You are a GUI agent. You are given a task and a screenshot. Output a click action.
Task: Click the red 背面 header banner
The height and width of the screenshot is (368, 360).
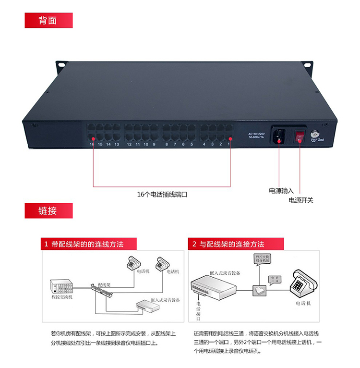click(48, 20)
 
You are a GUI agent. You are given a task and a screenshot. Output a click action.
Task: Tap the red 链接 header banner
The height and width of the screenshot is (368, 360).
click(48, 210)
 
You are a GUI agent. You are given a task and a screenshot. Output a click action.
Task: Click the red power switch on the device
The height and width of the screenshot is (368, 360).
click(300, 136)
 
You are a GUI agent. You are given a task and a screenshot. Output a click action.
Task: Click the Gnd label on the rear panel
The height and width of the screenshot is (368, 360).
click(322, 140)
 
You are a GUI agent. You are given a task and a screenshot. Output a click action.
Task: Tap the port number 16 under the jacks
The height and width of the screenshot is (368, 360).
click(92, 144)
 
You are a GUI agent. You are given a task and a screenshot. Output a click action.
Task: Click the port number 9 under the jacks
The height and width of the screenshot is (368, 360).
click(154, 144)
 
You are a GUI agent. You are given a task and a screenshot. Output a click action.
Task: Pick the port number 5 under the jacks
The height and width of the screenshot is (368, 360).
click(192, 144)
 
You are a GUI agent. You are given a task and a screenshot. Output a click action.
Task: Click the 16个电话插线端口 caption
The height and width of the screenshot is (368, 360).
click(162, 195)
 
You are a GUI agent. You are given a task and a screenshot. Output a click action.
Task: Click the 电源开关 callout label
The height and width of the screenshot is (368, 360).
click(300, 200)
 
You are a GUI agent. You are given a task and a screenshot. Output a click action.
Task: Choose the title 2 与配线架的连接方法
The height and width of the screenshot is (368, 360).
click(229, 244)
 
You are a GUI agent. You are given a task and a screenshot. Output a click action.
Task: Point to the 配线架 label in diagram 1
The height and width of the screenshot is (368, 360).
click(104, 285)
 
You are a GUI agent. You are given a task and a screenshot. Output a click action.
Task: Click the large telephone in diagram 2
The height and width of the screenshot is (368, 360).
click(303, 285)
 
